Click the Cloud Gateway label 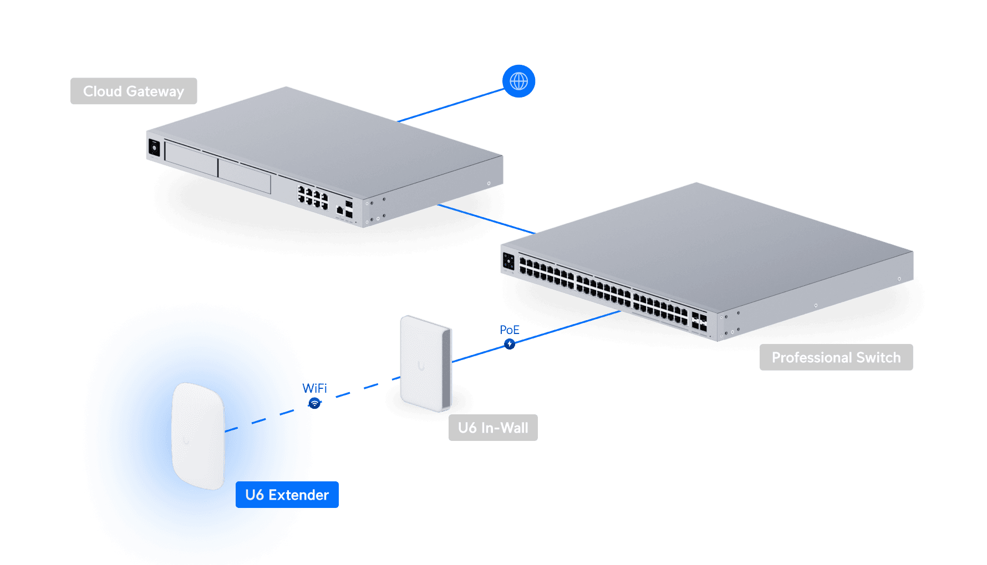134,91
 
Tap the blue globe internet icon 518,81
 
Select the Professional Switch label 836,357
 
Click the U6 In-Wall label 493,428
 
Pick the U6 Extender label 287,495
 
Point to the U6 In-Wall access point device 426,363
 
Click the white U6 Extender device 198,435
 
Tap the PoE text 510,330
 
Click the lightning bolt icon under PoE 510,344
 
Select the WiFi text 314,388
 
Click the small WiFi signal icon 314,404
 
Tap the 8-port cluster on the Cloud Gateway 313,198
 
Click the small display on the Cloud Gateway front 154,148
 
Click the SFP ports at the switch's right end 699,322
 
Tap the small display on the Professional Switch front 508,261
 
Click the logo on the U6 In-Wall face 421,366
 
